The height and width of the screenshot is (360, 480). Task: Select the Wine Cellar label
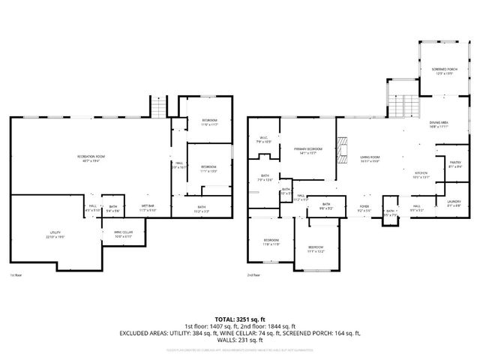124,235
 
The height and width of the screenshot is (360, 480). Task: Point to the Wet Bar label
147,208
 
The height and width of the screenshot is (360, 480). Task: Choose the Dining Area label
439,124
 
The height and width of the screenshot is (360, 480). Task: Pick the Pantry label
454,164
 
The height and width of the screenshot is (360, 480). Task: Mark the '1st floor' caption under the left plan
14,275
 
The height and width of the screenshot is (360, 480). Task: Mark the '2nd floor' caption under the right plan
253,275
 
